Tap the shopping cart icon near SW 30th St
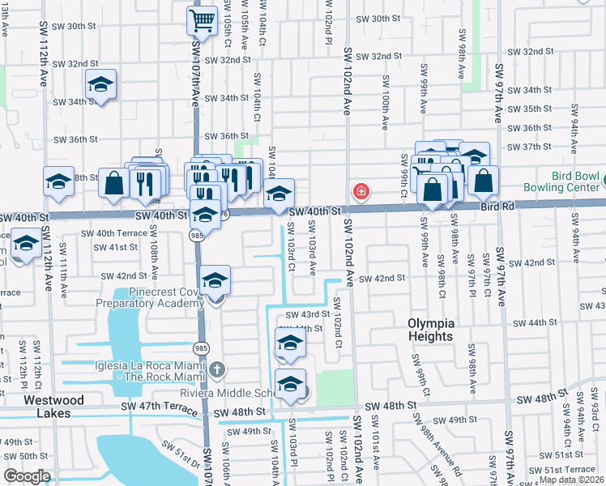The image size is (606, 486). point(201,19)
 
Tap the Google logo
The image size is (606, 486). point(27,475)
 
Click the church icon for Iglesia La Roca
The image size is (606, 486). point(216,370)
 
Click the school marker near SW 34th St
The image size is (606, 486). point(100,85)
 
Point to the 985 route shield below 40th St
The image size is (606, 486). point(197,235)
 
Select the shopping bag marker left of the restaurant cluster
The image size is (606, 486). point(113,184)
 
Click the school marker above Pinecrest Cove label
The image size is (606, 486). point(216,281)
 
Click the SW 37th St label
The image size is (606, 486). point(531,147)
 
